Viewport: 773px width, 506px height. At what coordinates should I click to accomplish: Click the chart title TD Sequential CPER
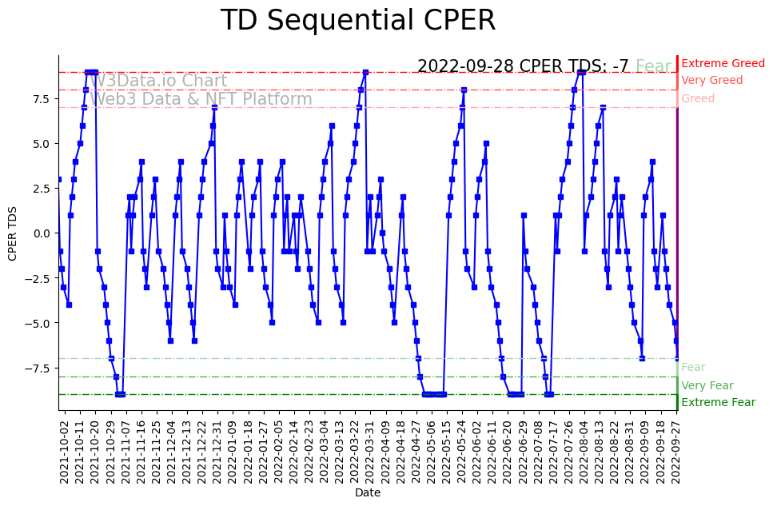pyautogui.click(x=357, y=21)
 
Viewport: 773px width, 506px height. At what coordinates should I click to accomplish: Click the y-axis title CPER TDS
pyautogui.click(x=13, y=233)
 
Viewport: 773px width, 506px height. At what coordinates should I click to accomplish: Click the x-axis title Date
pyautogui.click(x=368, y=493)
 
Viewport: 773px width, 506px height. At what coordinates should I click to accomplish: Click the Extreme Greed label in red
pyautogui.click(x=723, y=63)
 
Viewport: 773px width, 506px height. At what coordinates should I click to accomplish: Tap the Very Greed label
pyautogui.click(x=711, y=81)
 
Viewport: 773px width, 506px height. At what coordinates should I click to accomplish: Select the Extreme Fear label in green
pyautogui.click(x=718, y=403)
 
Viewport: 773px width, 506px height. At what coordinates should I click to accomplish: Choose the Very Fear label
pyautogui.click(x=707, y=385)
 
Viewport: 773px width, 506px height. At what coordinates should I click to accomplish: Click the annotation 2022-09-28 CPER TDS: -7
pyautogui.click(x=523, y=66)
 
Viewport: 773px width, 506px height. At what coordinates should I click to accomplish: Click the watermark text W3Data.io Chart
pyautogui.click(x=158, y=81)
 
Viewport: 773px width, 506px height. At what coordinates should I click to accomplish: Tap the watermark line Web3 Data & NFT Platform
pyautogui.click(x=201, y=99)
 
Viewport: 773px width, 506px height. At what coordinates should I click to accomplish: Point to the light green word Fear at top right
pyautogui.click(x=653, y=66)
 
